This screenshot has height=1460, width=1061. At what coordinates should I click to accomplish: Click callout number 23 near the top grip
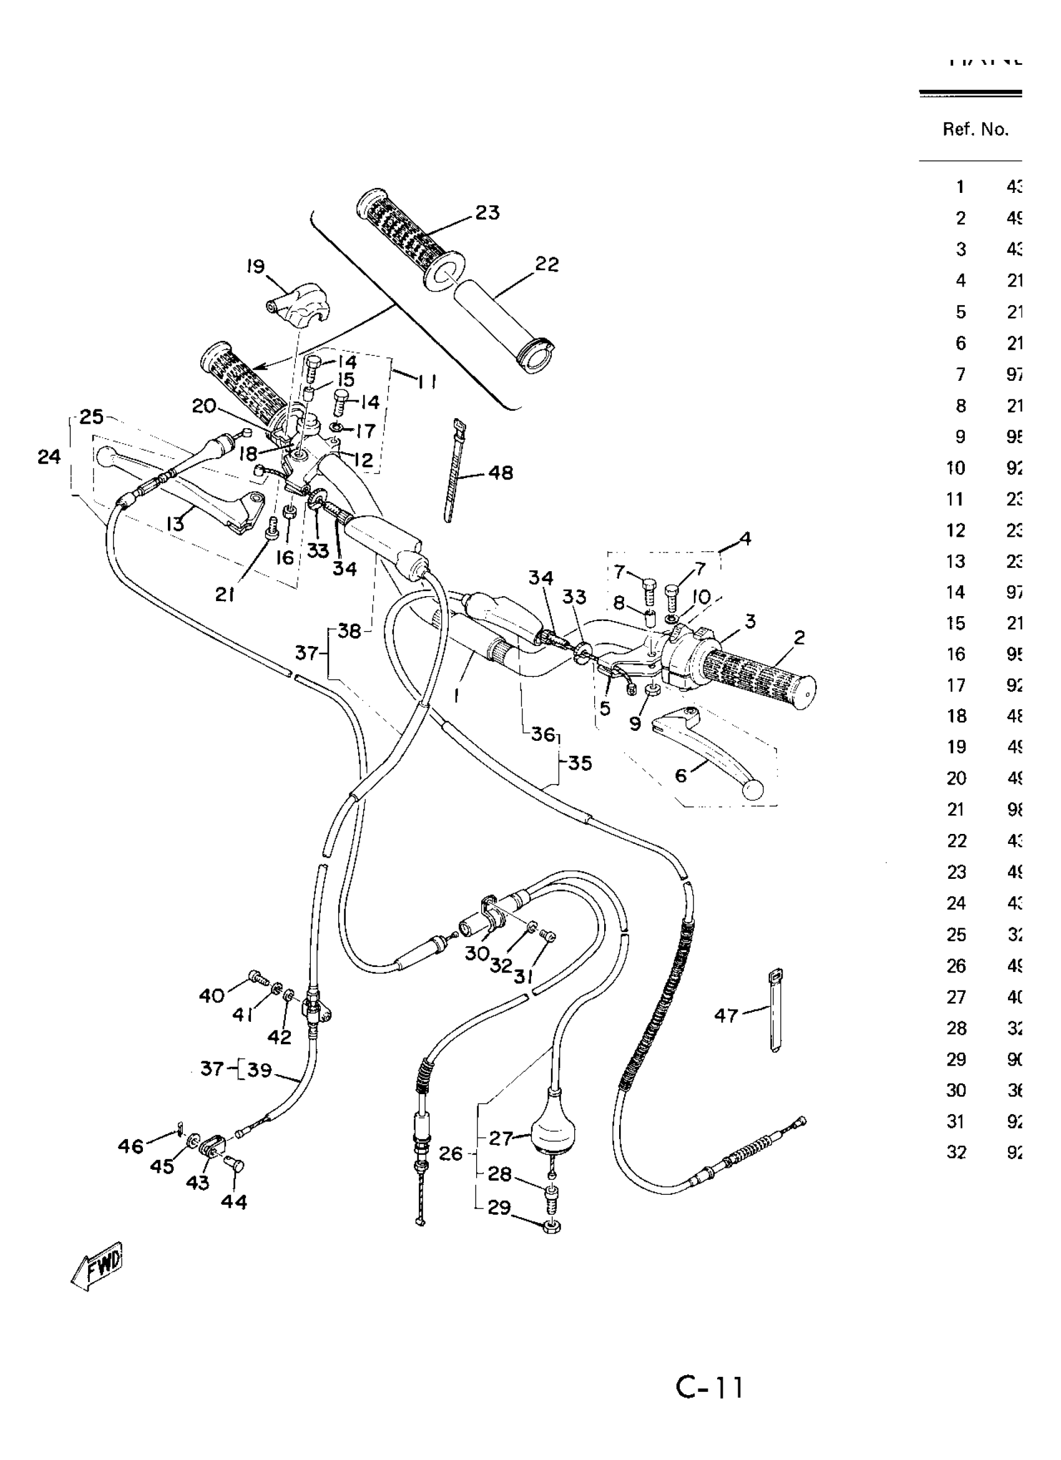[487, 213]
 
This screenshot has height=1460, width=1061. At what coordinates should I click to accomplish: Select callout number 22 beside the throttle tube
[547, 265]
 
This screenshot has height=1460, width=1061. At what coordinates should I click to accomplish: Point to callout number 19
[256, 267]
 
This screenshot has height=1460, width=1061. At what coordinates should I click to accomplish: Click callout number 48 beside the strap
[501, 473]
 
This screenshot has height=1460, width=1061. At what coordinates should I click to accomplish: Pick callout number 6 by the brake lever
[680, 776]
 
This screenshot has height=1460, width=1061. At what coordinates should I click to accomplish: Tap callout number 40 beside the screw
[211, 996]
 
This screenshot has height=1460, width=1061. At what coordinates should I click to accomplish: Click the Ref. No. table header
[975, 130]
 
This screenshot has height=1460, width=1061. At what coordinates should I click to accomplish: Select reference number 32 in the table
[956, 1152]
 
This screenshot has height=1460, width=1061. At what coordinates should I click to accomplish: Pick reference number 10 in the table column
[956, 468]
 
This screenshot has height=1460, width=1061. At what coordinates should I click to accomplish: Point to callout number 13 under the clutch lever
[175, 524]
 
